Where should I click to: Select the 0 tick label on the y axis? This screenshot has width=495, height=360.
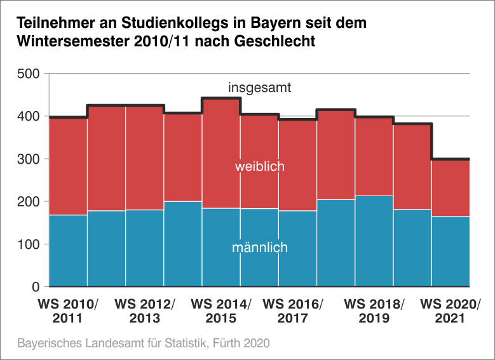click(36, 287)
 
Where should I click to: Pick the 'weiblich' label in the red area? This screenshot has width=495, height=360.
click(259, 167)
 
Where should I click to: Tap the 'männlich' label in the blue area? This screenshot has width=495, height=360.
click(259, 248)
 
